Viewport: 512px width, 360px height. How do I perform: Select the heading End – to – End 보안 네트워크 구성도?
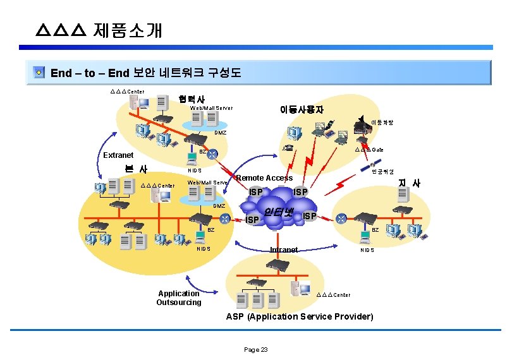point(145,73)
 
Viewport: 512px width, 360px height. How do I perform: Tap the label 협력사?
point(192,99)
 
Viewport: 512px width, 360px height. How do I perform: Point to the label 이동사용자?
point(302,109)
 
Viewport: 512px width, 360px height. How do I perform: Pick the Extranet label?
point(118,155)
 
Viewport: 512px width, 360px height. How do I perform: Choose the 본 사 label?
point(135,169)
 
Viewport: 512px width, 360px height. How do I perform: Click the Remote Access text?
point(264,178)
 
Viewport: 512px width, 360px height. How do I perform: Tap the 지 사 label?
point(408,183)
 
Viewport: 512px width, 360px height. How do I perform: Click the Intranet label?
point(283,250)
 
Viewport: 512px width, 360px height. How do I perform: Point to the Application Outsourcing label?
point(179,297)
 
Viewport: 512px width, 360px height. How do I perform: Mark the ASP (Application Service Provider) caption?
point(300,316)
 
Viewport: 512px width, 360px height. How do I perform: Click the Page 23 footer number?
point(256,349)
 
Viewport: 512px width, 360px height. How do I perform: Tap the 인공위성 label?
point(382,171)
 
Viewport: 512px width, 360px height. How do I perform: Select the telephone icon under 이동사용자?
point(288,148)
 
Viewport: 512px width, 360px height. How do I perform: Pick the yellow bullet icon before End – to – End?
point(39,73)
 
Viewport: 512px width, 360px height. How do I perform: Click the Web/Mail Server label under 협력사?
point(211,108)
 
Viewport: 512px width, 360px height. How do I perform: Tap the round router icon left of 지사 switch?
point(341,219)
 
